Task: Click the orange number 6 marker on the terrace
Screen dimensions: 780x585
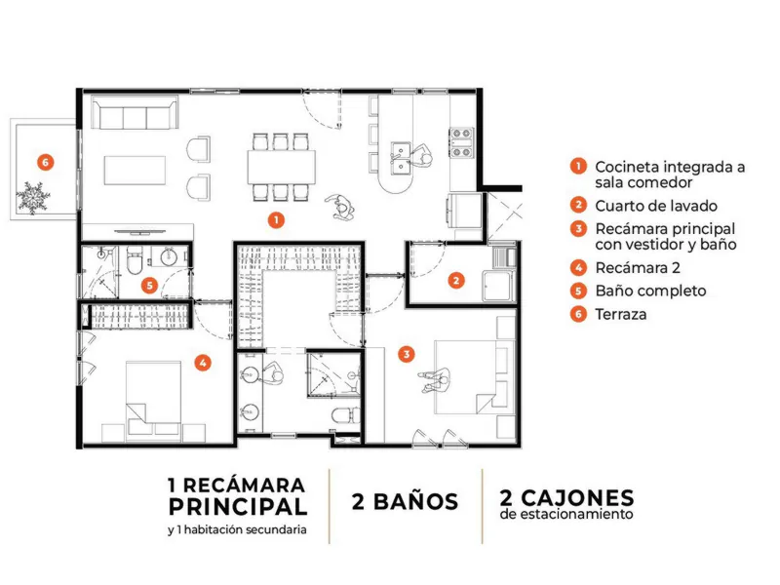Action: point(45,162)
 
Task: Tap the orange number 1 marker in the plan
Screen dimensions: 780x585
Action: point(276,220)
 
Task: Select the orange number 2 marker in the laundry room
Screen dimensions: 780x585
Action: point(456,281)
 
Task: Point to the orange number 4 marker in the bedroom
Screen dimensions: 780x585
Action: point(203,363)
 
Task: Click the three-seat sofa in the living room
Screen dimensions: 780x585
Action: point(135,113)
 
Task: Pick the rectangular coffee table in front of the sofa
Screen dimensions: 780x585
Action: point(135,170)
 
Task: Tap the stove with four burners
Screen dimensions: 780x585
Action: point(461,142)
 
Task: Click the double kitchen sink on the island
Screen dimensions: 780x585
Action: point(401,159)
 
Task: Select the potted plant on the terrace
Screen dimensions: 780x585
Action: point(33,198)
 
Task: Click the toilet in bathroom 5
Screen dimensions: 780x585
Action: point(135,260)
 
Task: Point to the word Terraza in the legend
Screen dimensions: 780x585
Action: point(621,314)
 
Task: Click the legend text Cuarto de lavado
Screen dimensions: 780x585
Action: point(656,206)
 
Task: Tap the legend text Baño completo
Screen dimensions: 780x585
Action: point(650,291)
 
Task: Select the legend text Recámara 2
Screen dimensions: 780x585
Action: point(638,268)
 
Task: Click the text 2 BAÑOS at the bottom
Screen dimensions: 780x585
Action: point(405,502)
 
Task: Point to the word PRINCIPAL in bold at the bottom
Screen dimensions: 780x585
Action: point(238,507)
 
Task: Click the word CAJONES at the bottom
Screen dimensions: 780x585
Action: point(577,498)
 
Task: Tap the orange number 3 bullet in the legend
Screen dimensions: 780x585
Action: point(578,229)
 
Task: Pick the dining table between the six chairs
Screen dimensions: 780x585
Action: point(282,167)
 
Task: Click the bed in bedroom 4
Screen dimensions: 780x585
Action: point(153,401)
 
